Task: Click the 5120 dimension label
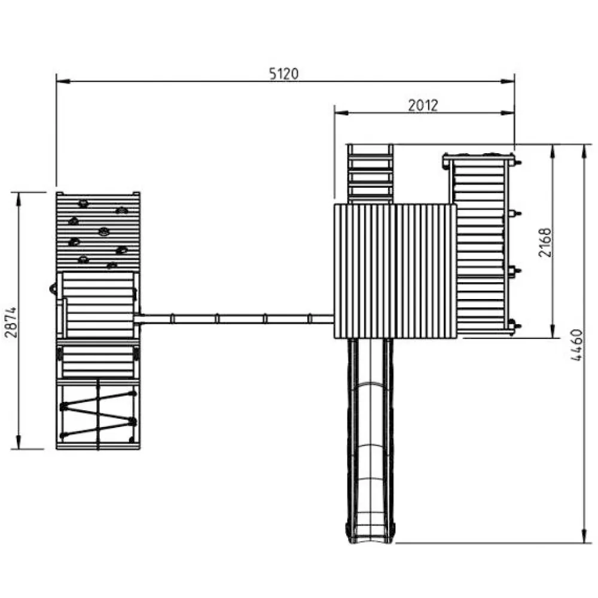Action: coord(283,74)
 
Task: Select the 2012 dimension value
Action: coord(423,105)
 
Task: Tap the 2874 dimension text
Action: coord(11,322)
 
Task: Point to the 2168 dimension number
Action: coord(545,242)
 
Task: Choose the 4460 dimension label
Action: coord(576,345)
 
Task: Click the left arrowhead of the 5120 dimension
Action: coord(63,81)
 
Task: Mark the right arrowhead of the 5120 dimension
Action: coord(507,81)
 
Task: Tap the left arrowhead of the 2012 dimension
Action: coord(341,113)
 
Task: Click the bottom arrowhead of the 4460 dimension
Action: coord(584,535)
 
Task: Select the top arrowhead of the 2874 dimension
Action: coord(19,199)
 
